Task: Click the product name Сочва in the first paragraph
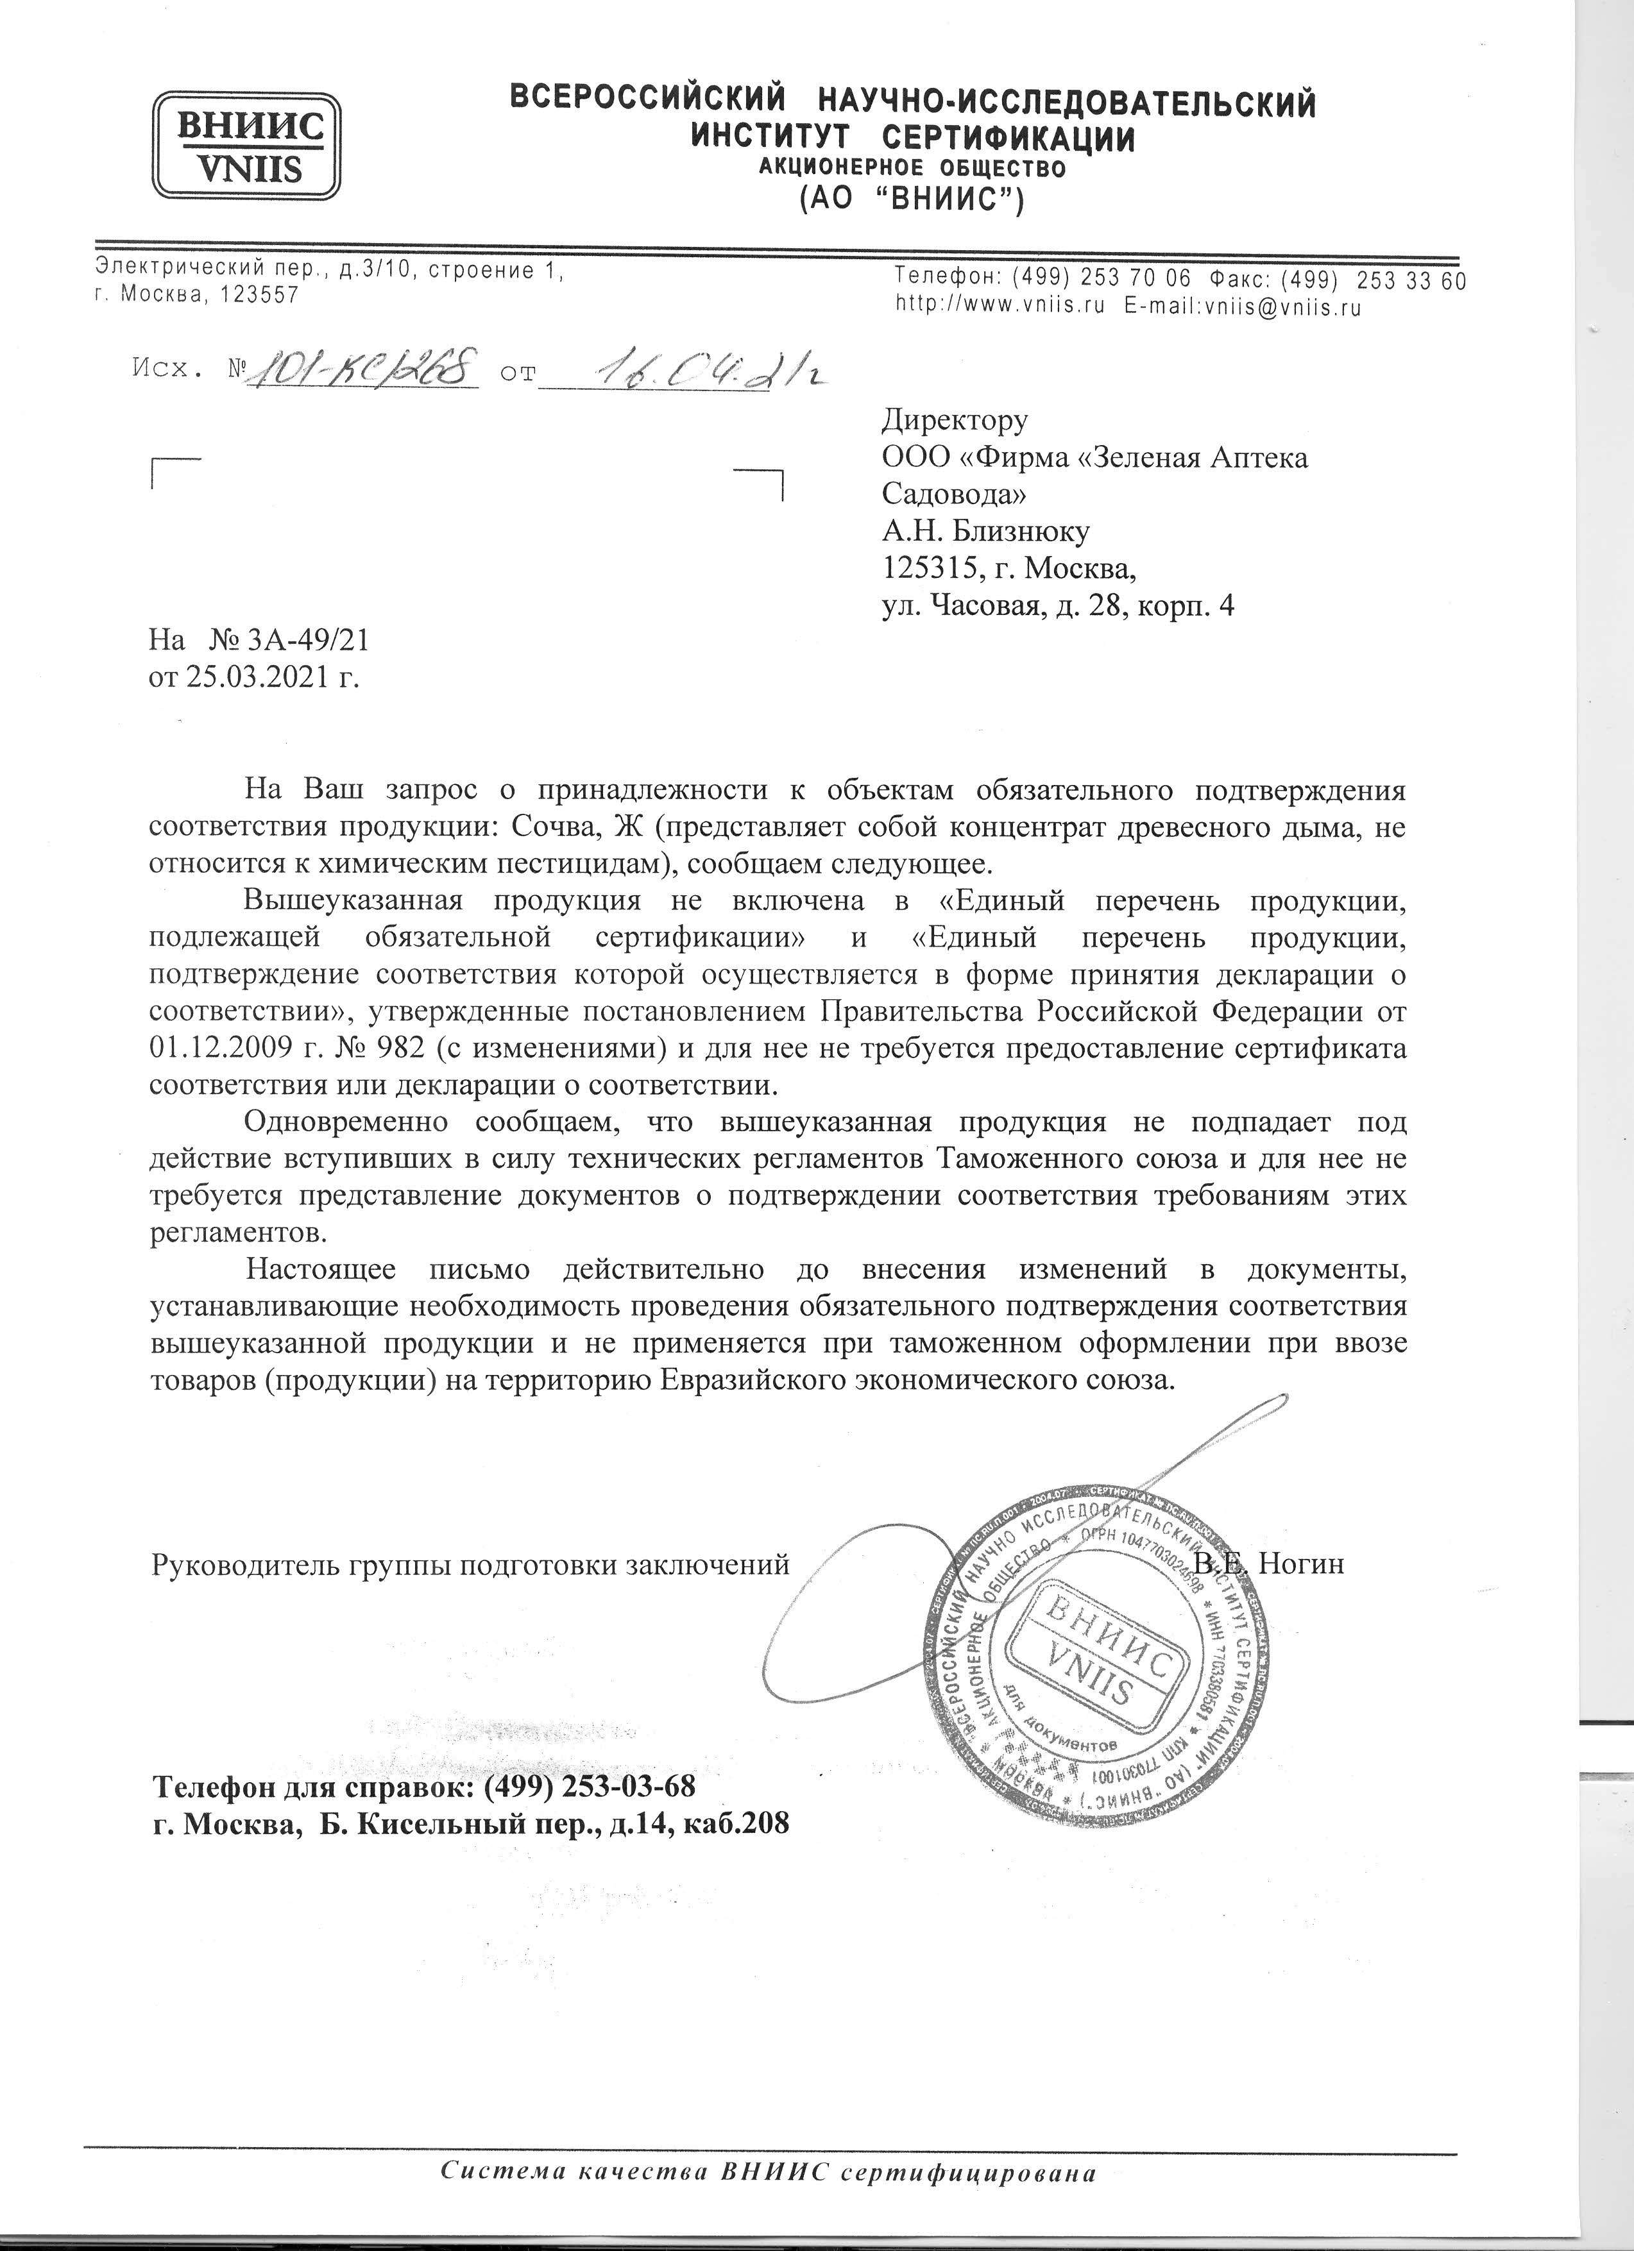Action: pyautogui.click(x=557, y=827)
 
